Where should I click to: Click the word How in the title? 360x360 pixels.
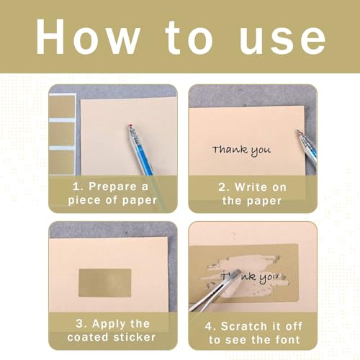coord(89,37)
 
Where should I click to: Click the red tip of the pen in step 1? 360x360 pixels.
coord(130,125)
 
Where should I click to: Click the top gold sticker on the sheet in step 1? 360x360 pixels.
coord(62,107)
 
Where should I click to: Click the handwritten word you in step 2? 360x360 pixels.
coord(261,152)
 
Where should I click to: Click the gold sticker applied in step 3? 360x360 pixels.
coord(105,283)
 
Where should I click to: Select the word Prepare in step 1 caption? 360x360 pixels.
coord(112,186)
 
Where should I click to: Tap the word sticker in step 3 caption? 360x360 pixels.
coord(135,337)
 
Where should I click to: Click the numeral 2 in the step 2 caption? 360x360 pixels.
coord(222,187)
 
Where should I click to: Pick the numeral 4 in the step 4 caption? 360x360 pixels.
coord(208,327)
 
